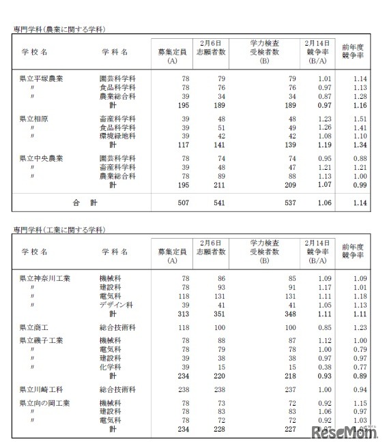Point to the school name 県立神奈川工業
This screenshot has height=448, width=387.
click(x=45, y=278)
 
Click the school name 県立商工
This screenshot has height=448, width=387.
click(x=33, y=328)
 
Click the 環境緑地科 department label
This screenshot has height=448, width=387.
click(x=117, y=136)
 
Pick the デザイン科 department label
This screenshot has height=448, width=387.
click(x=117, y=305)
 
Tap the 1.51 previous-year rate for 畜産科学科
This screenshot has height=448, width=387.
click(x=360, y=119)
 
